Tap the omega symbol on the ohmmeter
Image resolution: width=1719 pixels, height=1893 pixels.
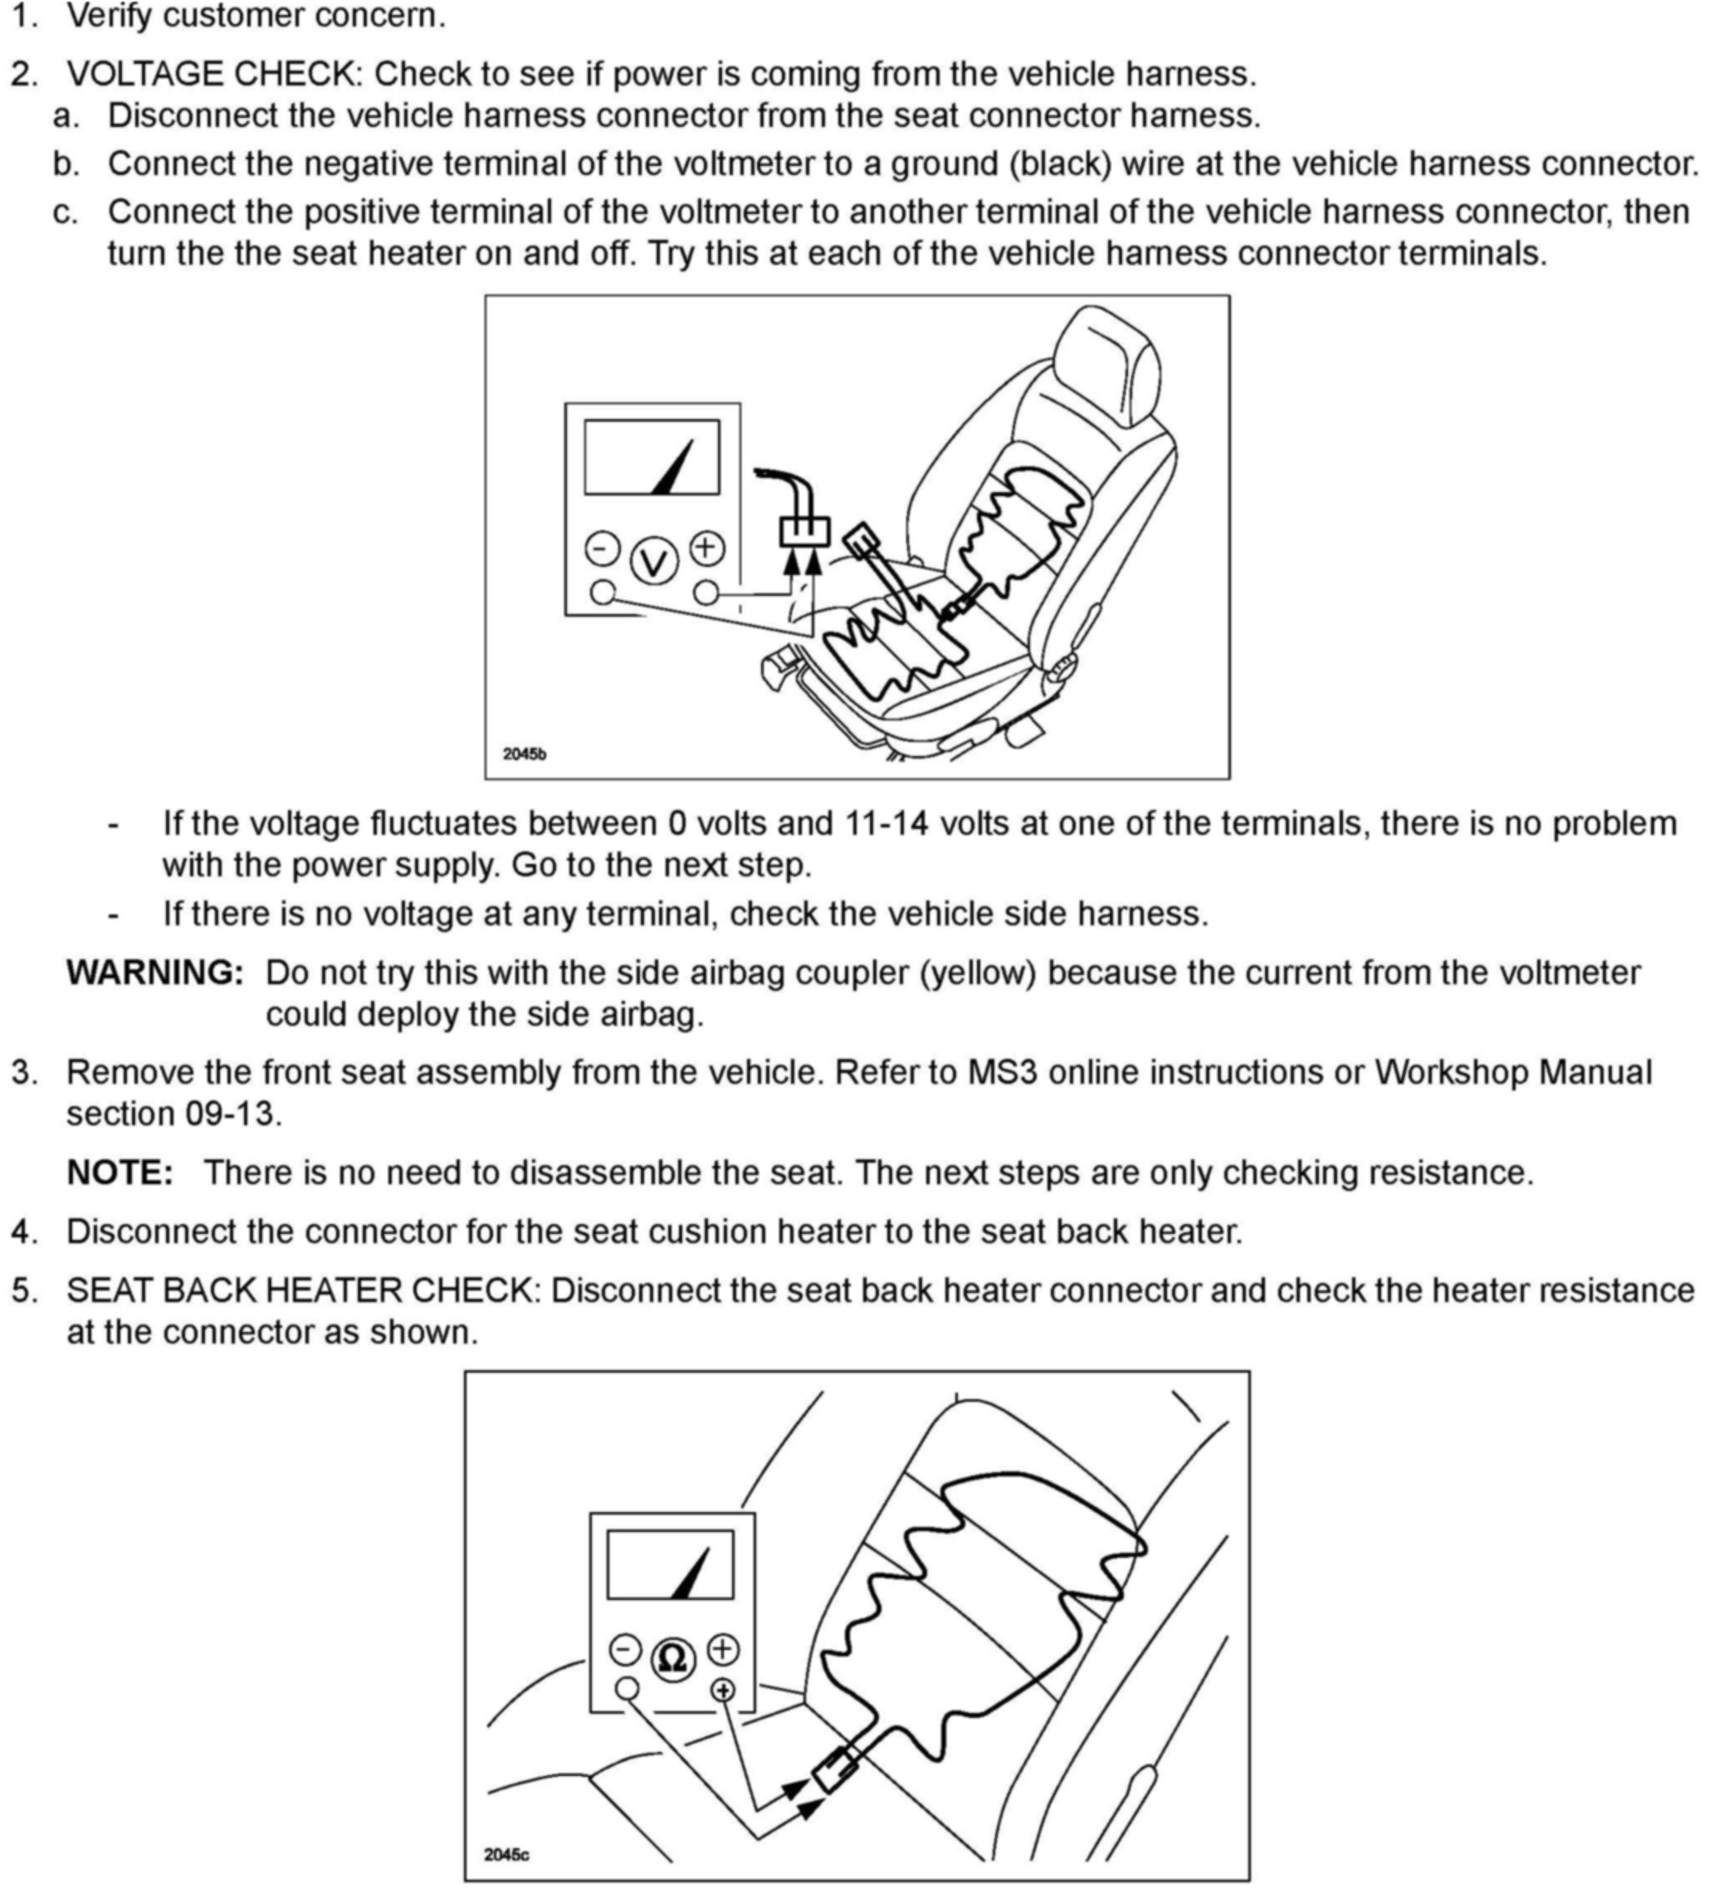pos(672,1658)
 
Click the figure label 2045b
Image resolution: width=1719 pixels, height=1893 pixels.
pos(524,753)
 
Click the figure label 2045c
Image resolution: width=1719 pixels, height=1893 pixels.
pos(506,1855)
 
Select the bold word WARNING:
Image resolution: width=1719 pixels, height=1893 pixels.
pos(155,973)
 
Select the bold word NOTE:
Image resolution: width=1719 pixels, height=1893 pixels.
pos(120,1173)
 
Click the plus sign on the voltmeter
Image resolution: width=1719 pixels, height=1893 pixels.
pos(707,548)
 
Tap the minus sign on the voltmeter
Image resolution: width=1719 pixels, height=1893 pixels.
pos(602,549)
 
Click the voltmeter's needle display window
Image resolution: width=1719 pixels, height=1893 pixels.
pos(652,457)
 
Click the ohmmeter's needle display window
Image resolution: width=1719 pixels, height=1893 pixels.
pos(670,1564)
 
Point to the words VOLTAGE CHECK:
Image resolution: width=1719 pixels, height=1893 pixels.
pos(214,74)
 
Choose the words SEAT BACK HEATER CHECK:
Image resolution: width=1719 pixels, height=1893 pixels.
pos(304,1290)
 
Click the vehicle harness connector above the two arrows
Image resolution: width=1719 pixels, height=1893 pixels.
pos(805,531)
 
